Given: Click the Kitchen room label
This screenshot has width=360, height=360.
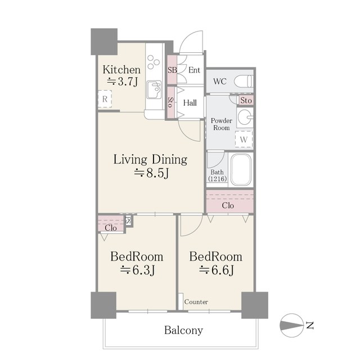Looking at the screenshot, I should (x=121, y=70).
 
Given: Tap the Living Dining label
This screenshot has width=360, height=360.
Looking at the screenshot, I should (x=150, y=159).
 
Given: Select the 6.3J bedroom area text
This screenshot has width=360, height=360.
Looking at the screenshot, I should (x=137, y=271).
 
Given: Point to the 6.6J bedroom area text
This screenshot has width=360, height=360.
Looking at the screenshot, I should (x=216, y=271).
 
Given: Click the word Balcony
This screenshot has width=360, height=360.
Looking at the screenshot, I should (x=183, y=330).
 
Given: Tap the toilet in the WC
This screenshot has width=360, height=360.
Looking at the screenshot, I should (x=242, y=80).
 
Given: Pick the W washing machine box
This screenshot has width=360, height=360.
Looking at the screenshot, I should (x=244, y=138).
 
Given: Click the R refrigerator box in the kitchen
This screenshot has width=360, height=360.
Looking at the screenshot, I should (x=105, y=100).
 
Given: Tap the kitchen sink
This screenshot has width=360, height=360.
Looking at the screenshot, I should (x=154, y=89).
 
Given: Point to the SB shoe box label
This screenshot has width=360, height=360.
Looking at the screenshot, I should (x=173, y=70).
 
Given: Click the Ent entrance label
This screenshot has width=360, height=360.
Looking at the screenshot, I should (x=194, y=70).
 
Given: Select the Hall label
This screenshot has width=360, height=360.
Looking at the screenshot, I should (x=190, y=103).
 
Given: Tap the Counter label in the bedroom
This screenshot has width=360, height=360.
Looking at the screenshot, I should (x=196, y=302).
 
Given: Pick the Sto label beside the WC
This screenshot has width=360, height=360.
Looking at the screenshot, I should (x=246, y=101).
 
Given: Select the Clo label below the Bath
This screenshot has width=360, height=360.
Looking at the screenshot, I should (x=228, y=205).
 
